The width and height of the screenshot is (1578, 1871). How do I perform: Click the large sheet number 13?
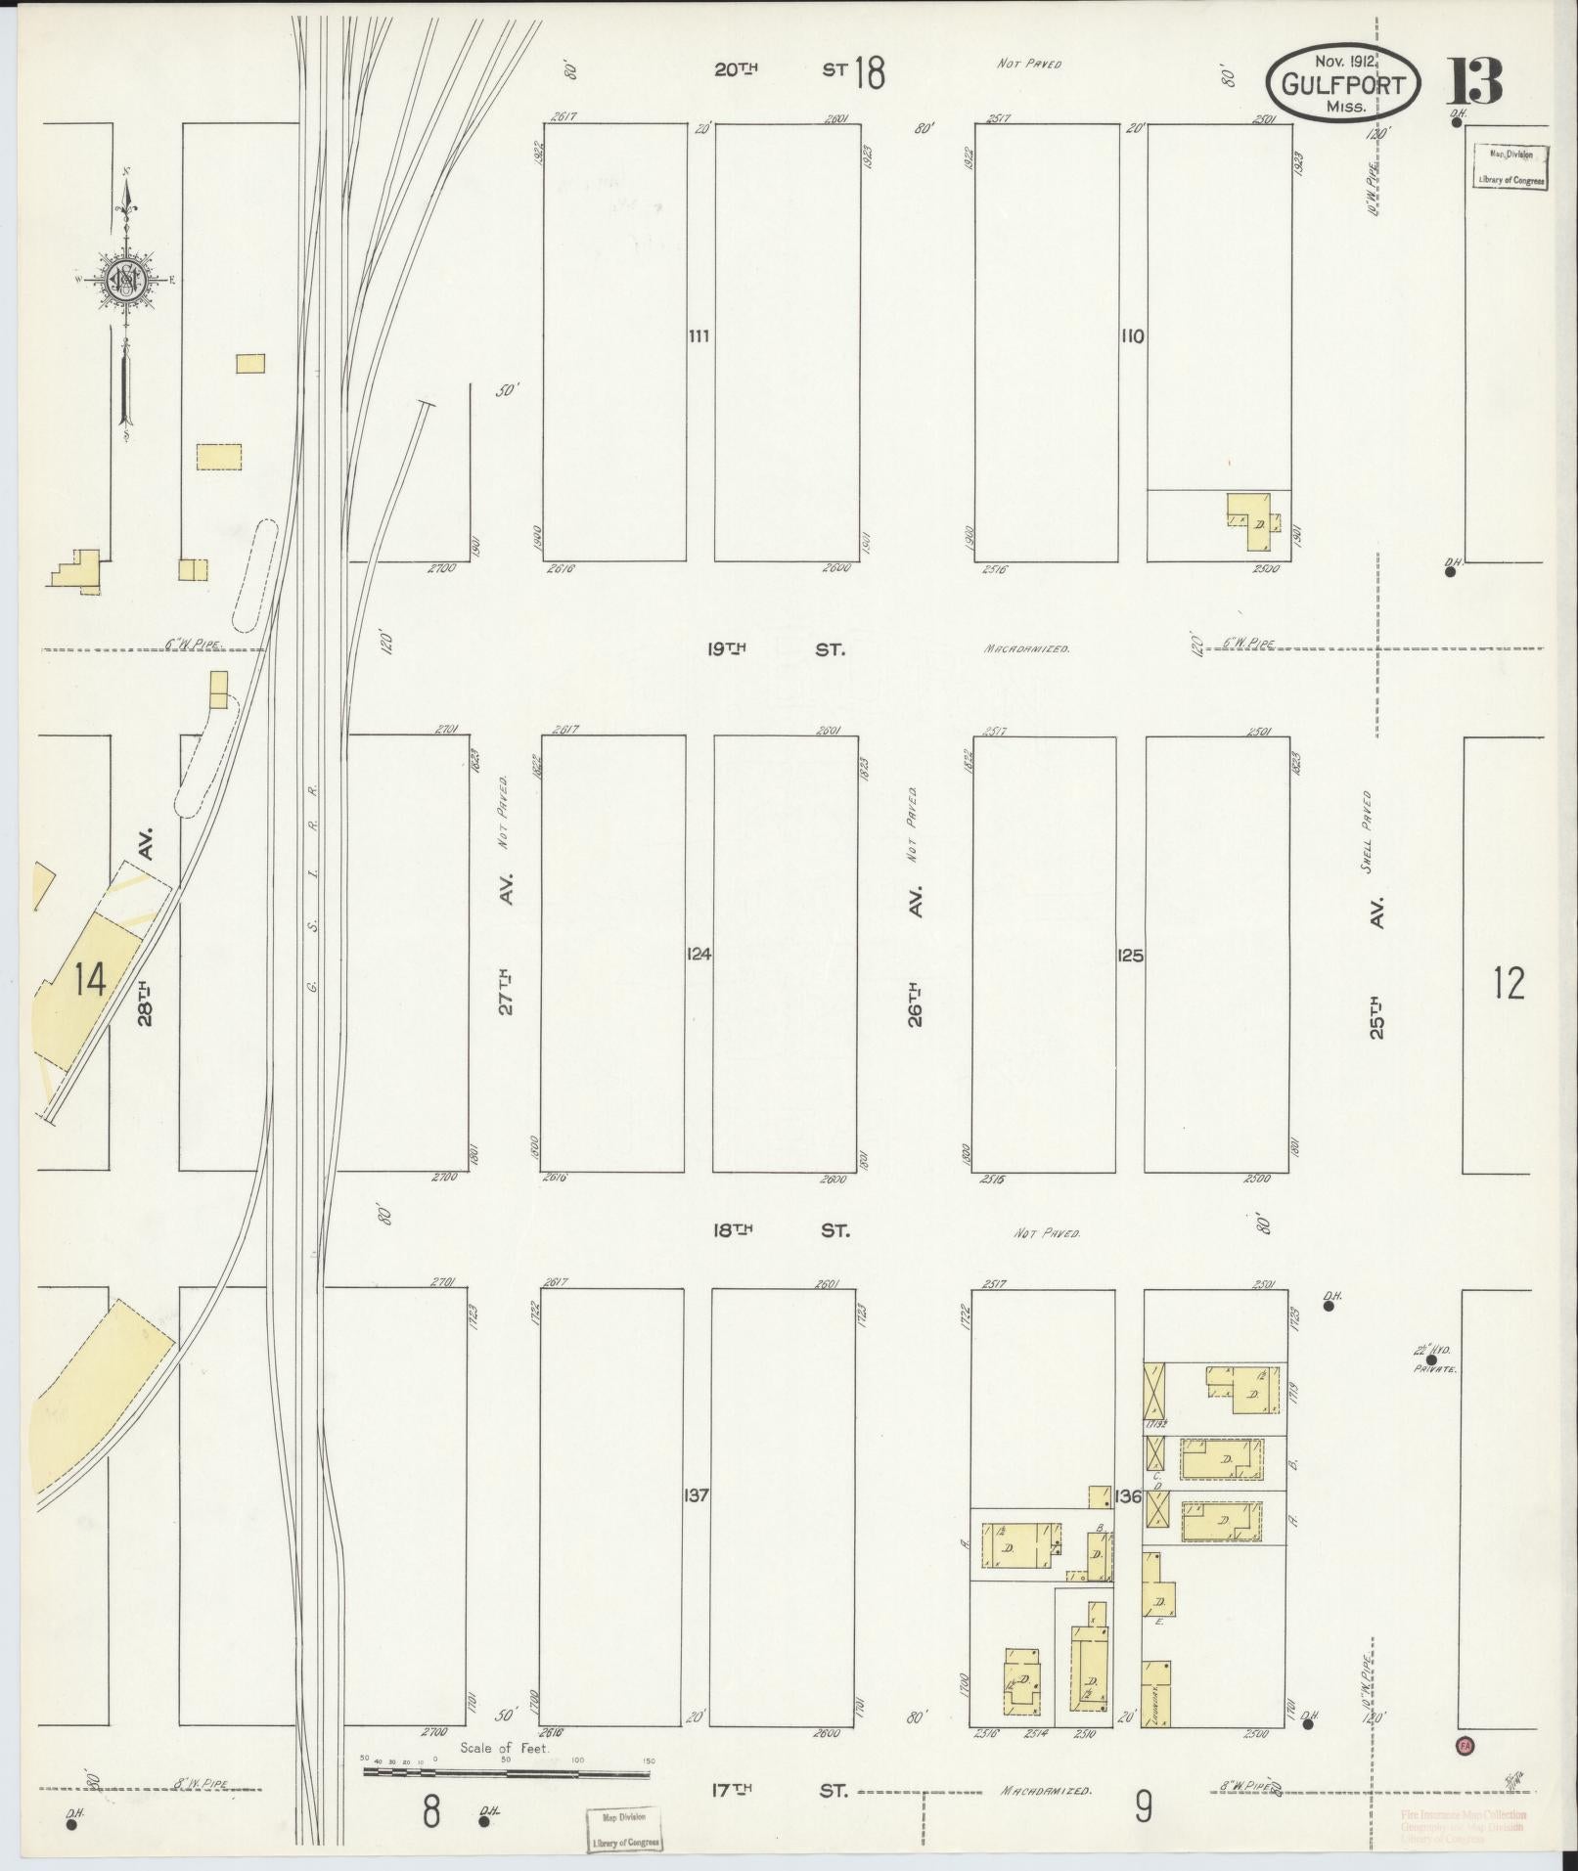tap(1473, 81)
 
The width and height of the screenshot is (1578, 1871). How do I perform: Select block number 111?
tap(699, 336)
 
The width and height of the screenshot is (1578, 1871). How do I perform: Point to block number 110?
tap(1132, 336)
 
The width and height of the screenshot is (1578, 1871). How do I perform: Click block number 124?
tap(699, 954)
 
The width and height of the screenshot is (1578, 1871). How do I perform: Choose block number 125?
tap(1130, 956)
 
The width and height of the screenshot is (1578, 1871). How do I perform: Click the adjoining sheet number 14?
tap(90, 979)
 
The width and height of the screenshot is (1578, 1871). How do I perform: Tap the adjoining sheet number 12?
tap(1508, 983)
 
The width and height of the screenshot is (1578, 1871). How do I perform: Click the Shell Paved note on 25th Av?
tap(1367, 824)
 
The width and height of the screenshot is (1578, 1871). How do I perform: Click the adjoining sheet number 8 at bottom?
tap(431, 1811)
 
